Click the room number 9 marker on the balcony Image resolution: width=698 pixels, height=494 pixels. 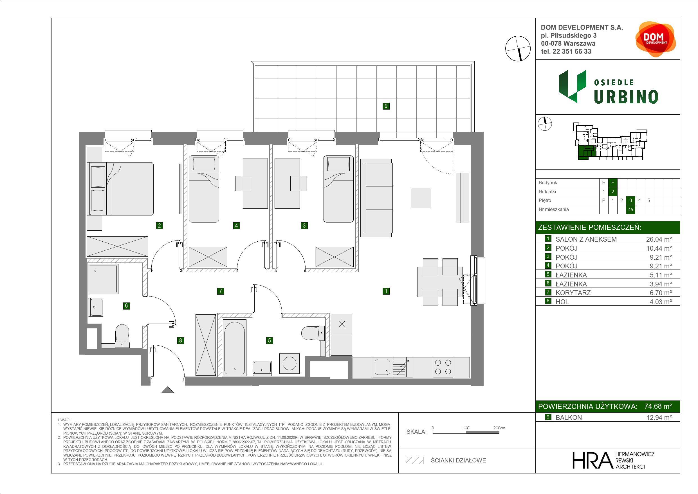pos(386,106)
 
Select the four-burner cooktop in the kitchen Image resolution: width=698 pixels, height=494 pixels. pos(443,367)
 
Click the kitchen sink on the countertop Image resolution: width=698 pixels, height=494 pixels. pos(382,367)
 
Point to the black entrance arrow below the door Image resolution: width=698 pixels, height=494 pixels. pos(167,390)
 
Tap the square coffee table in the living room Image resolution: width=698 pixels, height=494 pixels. pos(421,198)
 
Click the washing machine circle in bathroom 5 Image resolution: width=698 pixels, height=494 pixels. pos(289,363)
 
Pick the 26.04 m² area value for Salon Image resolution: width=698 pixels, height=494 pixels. pos(659,239)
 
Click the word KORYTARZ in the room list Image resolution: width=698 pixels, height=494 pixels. pos(573,293)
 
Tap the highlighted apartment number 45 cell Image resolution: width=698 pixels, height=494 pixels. pos(630,210)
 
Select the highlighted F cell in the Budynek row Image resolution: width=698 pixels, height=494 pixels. pos(612,183)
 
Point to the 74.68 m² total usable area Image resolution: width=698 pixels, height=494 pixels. pos(658,406)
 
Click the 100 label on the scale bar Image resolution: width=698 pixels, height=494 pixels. pos(466,428)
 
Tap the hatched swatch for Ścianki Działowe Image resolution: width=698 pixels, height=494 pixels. pos(415,460)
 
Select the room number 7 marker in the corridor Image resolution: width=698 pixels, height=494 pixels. pos(220,291)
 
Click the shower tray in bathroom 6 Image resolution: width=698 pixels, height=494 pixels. pos(103,279)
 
